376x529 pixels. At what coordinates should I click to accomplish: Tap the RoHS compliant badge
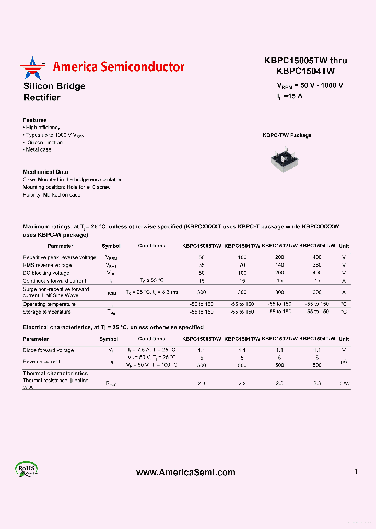pos(26,470)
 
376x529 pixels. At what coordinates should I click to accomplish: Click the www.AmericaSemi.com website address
pos(185,472)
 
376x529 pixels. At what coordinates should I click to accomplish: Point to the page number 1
pos(356,471)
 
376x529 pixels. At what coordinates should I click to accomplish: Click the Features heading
pos(34,120)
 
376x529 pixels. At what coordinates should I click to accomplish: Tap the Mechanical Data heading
pos(45,172)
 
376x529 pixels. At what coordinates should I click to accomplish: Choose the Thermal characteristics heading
pos(55,373)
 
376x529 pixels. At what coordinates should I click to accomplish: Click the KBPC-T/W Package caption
pos(287,135)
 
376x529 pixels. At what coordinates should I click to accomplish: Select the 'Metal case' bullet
pos(38,149)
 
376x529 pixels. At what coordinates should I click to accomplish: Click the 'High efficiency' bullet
pos(42,128)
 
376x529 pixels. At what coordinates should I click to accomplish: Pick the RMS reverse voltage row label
pos(47,265)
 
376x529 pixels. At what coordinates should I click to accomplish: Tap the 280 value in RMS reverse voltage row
pos(317,265)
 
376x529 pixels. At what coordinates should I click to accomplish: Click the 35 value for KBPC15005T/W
pos(202,265)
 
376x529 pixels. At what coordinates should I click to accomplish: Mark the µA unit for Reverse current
pos(343,361)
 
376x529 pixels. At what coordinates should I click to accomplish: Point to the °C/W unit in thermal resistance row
pos(343,384)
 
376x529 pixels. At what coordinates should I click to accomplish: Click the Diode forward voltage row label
pos(48,350)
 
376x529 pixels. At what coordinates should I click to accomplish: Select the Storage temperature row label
pos(46,312)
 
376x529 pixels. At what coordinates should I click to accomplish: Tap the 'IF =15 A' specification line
pos(289,96)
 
